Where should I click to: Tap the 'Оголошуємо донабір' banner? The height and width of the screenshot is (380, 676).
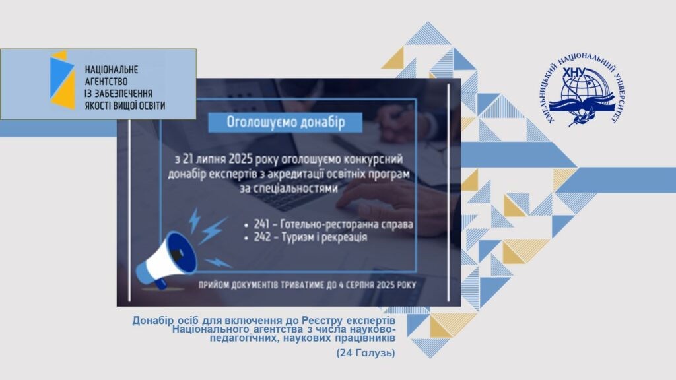click(285, 122)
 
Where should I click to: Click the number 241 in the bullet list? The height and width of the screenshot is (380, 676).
click(262, 224)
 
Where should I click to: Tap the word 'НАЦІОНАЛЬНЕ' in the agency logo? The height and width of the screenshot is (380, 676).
click(111, 69)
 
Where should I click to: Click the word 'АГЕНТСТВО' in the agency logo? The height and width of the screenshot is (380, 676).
click(106, 81)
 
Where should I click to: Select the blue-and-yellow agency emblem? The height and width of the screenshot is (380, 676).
click(62, 80)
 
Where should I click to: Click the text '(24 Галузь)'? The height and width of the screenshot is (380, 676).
click(366, 353)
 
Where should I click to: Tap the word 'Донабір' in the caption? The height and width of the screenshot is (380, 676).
click(153, 321)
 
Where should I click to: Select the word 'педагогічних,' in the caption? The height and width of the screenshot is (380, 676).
click(240, 338)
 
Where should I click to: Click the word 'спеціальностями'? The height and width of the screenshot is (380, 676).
click(289, 189)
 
